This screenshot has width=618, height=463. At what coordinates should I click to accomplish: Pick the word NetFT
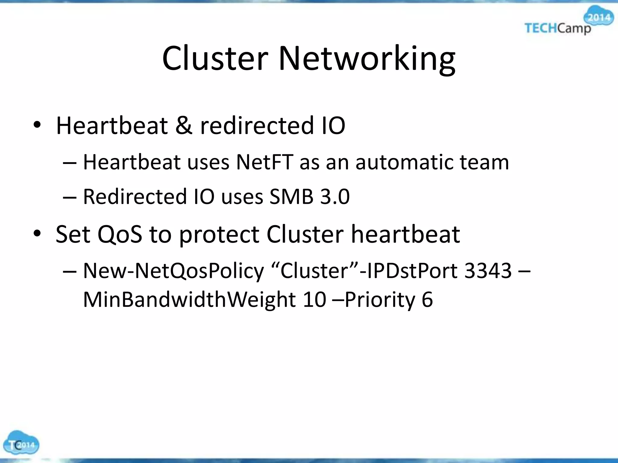264,162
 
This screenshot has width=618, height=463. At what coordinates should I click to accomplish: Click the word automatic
404,162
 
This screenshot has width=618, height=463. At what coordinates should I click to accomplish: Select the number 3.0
335,197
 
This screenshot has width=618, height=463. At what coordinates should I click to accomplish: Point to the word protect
219,235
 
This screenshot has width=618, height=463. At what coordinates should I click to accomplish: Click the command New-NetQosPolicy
173,271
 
